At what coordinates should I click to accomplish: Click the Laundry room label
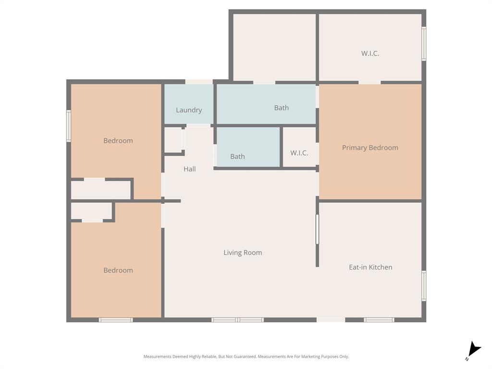189,110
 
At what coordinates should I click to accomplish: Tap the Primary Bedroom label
370,148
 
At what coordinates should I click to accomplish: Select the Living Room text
243,252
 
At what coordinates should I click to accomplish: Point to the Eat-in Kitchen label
370,267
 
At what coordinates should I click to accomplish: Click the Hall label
190,169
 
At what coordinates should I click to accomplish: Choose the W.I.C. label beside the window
370,53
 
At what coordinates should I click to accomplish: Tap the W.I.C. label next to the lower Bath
299,153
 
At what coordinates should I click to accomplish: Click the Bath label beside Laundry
282,108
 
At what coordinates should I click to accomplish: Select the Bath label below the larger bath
237,156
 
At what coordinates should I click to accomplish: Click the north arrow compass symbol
474,350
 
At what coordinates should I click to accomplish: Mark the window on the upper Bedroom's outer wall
69,126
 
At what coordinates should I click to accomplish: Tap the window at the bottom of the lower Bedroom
116,320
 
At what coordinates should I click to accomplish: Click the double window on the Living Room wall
238,320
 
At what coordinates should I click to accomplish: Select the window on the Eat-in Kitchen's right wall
424,286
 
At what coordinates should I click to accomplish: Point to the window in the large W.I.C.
424,44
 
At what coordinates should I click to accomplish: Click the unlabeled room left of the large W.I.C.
274,47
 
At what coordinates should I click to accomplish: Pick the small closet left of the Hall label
173,140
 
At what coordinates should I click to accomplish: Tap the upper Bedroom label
118,141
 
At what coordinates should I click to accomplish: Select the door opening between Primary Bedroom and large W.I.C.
369,82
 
